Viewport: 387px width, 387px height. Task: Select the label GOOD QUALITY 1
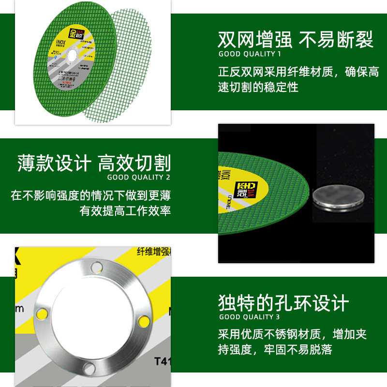(x=250, y=54)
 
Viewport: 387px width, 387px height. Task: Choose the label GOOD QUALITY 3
(x=250, y=317)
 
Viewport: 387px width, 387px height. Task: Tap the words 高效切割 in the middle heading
(x=134, y=163)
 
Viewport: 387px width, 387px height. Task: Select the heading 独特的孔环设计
(x=283, y=303)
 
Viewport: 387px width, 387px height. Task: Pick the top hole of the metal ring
(x=96, y=266)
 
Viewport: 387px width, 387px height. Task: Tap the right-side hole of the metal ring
(x=143, y=321)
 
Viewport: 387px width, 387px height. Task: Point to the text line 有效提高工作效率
(x=125, y=211)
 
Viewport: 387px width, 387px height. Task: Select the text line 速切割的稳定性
(x=258, y=88)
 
